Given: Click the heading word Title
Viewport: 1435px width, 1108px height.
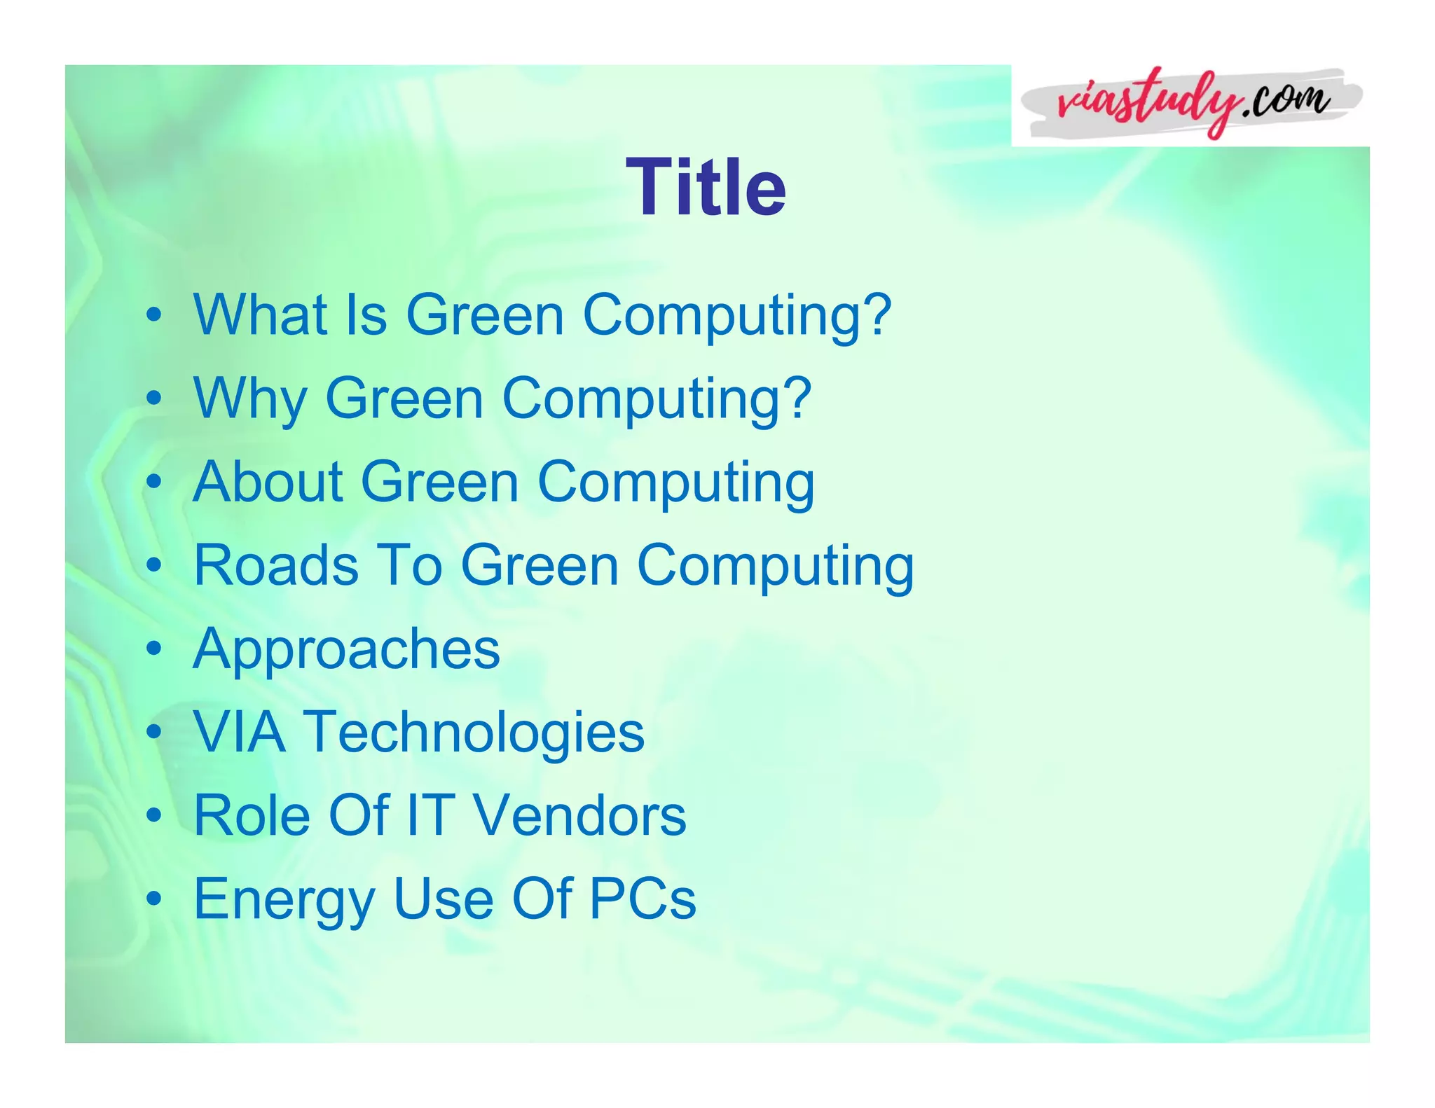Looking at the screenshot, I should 706,187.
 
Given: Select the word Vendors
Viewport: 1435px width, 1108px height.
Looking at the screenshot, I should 579,815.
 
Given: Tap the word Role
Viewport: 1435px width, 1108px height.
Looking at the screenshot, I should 252,815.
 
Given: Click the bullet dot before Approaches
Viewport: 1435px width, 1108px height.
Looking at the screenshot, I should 154,649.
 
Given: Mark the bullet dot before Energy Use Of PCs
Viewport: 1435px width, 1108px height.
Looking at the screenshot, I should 154,899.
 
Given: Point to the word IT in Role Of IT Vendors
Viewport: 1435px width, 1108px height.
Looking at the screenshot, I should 430,815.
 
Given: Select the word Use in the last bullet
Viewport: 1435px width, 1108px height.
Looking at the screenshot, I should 444,899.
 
